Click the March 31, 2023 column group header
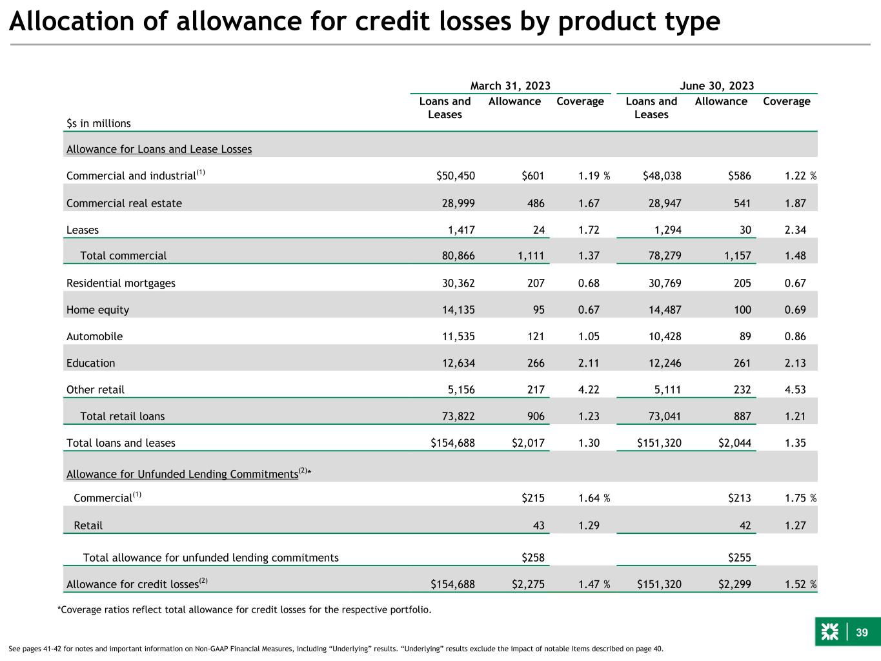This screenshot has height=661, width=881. click(510, 86)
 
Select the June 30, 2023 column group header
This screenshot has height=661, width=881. click(716, 86)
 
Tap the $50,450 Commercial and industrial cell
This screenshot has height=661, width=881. click(455, 176)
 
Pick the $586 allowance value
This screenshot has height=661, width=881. click(739, 176)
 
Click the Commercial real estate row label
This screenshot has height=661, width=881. click(124, 203)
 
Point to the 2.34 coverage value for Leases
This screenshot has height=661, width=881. click(795, 230)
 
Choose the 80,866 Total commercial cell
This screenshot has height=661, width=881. click(458, 256)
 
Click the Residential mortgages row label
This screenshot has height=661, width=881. click(121, 283)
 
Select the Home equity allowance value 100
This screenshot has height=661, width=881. click(742, 310)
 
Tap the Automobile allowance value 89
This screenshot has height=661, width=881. click(745, 336)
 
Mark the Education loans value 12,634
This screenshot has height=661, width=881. click(458, 363)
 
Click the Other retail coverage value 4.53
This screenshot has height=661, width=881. click(795, 390)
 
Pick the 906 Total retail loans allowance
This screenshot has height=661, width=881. click(536, 416)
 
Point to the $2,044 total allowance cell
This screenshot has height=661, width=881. click(734, 443)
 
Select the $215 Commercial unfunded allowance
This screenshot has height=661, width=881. click(532, 498)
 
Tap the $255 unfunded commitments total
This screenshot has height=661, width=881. click(739, 558)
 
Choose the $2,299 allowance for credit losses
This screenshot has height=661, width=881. click(734, 584)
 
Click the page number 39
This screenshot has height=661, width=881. click(862, 633)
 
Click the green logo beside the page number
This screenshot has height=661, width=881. click(829, 632)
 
